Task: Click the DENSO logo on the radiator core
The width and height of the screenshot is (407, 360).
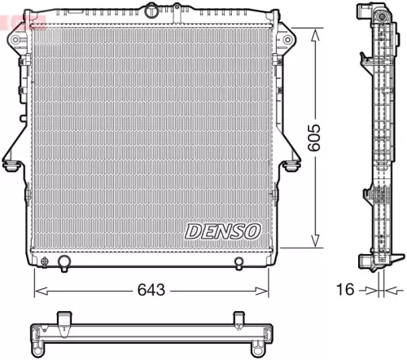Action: tap(222, 232)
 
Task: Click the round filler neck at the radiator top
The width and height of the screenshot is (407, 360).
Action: tap(152, 10)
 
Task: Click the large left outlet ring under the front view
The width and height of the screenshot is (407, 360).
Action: tap(65, 262)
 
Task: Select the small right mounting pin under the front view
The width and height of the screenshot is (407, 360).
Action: tap(239, 262)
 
